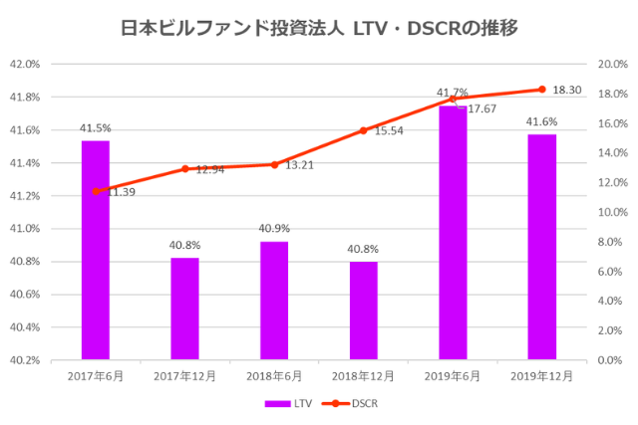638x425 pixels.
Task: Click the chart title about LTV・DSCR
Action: click(x=319, y=27)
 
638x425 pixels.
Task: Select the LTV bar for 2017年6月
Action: click(x=96, y=249)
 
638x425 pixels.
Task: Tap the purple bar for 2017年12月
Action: click(x=184, y=309)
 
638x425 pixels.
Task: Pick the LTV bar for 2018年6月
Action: click(x=274, y=300)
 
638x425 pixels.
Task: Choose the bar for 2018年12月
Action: click(x=363, y=310)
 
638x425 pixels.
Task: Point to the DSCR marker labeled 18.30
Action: click(x=541, y=90)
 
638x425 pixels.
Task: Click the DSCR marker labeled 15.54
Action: click(x=363, y=130)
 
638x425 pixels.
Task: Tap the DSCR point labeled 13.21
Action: click(x=274, y=164)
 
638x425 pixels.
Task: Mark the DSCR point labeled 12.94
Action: click(x=184, y=169)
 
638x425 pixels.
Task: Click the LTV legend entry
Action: click(x=288, y=404)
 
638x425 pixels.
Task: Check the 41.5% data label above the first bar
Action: click(x=96, y=128)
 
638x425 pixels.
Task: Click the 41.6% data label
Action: click(x=541, y=121)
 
